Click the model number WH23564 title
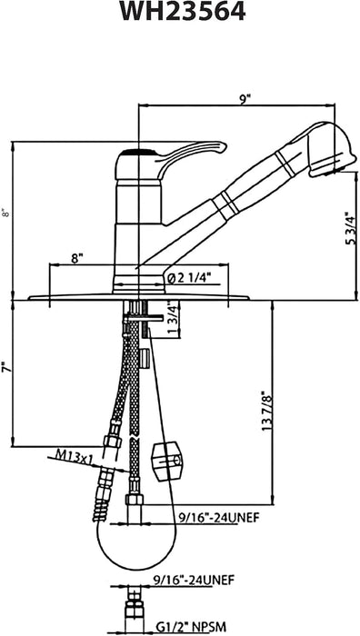pyautogui.click(x=183, y=11)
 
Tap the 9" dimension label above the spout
pyautogui.click(x=245, y=99)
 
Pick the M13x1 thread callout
pyautogui.click(x=75, y=458)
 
